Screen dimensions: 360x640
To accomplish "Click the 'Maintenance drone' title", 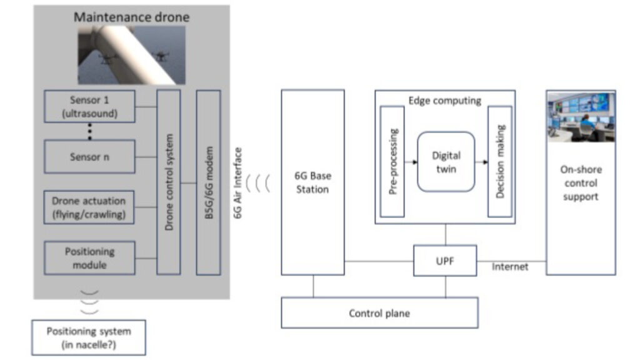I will [131, 17].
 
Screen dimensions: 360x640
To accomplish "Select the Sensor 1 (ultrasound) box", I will [89, 106].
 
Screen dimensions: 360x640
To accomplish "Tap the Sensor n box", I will [89, 157].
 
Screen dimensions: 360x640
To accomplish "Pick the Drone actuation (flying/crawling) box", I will [89, 207].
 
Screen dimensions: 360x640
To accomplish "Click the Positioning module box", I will [89, 257].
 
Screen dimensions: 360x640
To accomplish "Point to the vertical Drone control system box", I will [169, 182].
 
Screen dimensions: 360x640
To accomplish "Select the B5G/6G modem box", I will [209, 182].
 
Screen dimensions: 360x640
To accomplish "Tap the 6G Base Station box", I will [312, 182].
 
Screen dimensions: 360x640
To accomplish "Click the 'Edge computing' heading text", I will [444, 100].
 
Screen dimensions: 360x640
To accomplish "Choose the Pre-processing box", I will [392, 162].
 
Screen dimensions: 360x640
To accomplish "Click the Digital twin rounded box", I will [446, 162].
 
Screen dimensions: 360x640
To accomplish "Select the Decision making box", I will [500, 162].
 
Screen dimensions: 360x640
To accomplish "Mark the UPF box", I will [445, 261].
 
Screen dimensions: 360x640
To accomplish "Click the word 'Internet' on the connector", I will [510, 267].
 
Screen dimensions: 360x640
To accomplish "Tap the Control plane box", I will [379, 312].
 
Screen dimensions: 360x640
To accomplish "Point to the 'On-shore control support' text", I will [581, 183].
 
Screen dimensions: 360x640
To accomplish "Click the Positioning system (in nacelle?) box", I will [89, 337].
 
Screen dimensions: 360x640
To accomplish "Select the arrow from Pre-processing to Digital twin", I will [411, 162].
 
